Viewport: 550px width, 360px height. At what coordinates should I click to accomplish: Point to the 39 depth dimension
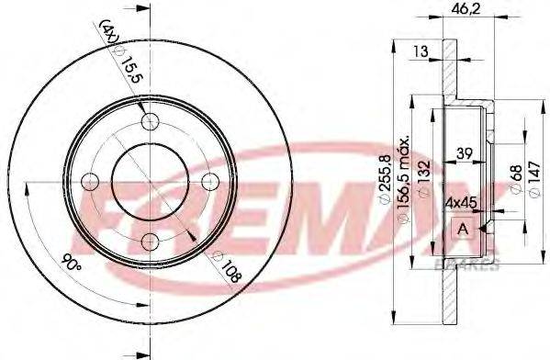(466, 153)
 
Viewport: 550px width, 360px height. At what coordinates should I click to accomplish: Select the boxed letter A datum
(463, 228)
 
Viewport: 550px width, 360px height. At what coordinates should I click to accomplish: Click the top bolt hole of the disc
(151, 123)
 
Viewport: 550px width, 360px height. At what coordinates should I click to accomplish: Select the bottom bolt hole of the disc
(151, 242)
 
